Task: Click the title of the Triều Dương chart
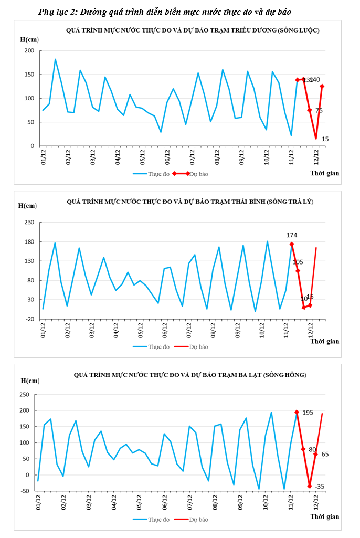193,30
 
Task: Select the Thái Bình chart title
189,202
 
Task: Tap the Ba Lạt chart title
190,375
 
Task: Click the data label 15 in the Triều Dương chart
325,139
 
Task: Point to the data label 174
292,235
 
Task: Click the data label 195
308,413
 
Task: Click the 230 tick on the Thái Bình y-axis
29,223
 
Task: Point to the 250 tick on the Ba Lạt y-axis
24,394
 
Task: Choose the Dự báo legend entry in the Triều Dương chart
199,174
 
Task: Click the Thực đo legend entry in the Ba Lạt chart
158,519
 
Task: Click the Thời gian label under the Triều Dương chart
324,173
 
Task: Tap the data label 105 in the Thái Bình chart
298,262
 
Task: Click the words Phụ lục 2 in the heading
57,12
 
